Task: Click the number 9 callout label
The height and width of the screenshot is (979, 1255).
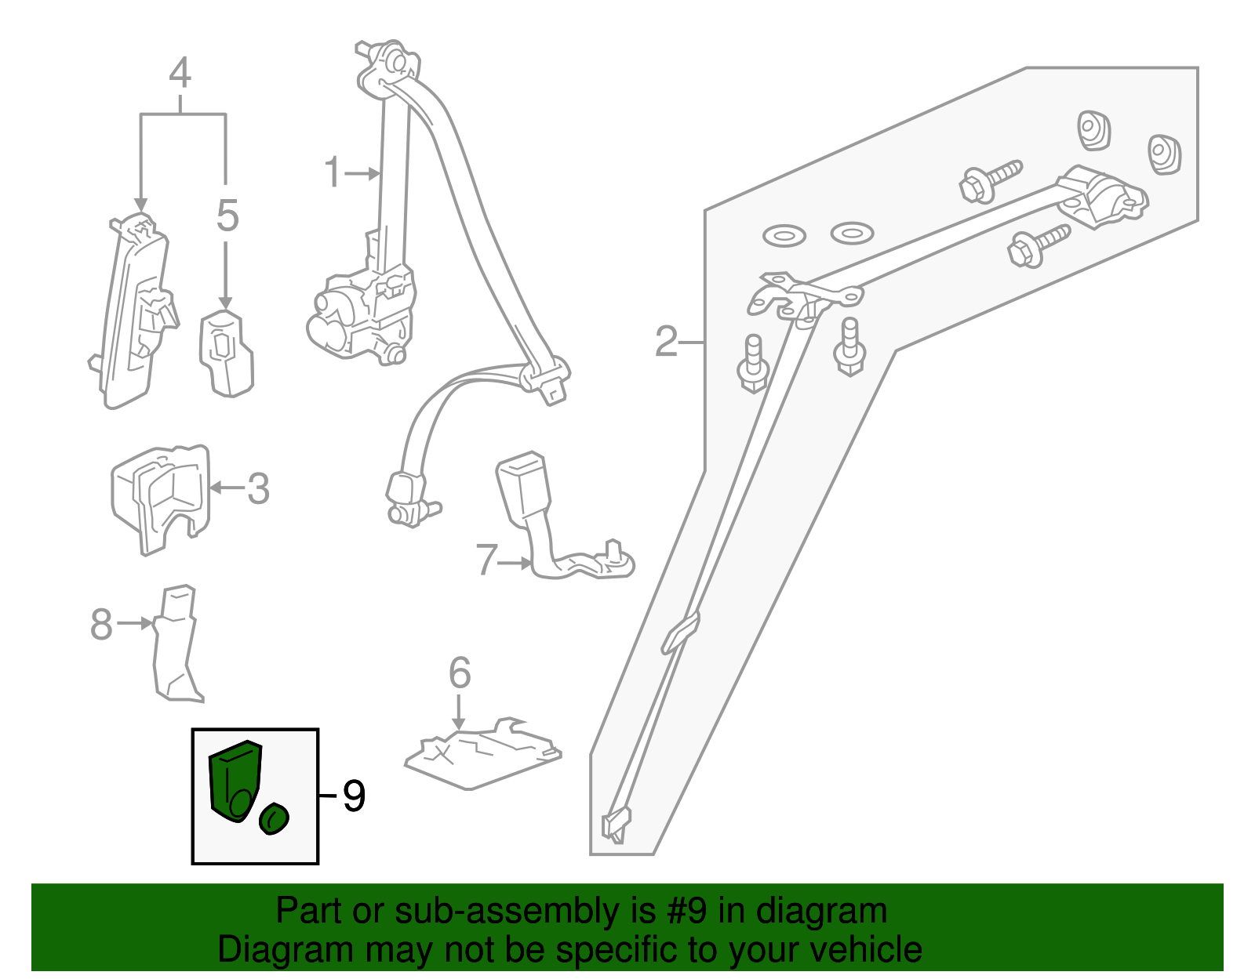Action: tap(354, 796)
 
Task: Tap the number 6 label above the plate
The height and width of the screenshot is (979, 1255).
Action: tap(460, 673)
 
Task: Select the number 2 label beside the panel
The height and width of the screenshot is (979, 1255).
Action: tap(666, 343)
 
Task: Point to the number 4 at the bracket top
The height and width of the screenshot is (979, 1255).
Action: tap(180, 74)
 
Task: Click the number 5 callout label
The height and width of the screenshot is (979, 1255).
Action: tap(227, 216)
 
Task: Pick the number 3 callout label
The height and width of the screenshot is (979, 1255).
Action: tap(258, 488)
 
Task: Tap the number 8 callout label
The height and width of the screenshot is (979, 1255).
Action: tap(102, 625)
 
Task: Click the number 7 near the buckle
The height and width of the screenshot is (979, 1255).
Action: tap(486, 561)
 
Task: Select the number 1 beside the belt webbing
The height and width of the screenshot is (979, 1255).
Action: tap(333, 173)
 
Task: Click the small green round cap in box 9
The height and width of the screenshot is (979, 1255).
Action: tap(274, 819)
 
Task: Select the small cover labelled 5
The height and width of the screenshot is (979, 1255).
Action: tap(226, 353)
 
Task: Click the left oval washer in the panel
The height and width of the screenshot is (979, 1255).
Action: tap(784, 236)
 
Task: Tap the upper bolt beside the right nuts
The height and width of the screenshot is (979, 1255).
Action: tap(990, 180)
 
